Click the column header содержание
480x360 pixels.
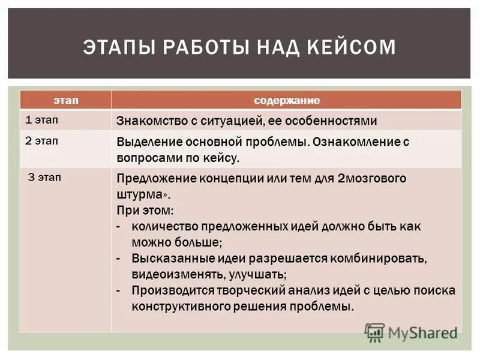[x=286, y=100]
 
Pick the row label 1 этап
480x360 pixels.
[x=42, y=119]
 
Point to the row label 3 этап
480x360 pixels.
[x=44, y=178]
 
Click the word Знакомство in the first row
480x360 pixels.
[x=148, y=121]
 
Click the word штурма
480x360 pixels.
[x=142, y=194]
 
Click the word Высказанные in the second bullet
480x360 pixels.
[x=167, y=259]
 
